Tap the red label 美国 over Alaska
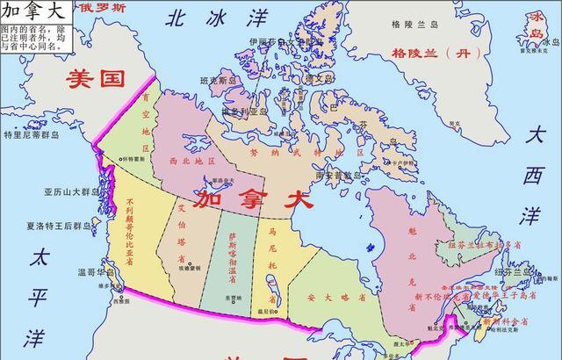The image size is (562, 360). [97, 80]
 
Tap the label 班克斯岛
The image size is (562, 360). [220, 81]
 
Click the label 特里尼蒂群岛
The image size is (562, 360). [30, 135]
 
